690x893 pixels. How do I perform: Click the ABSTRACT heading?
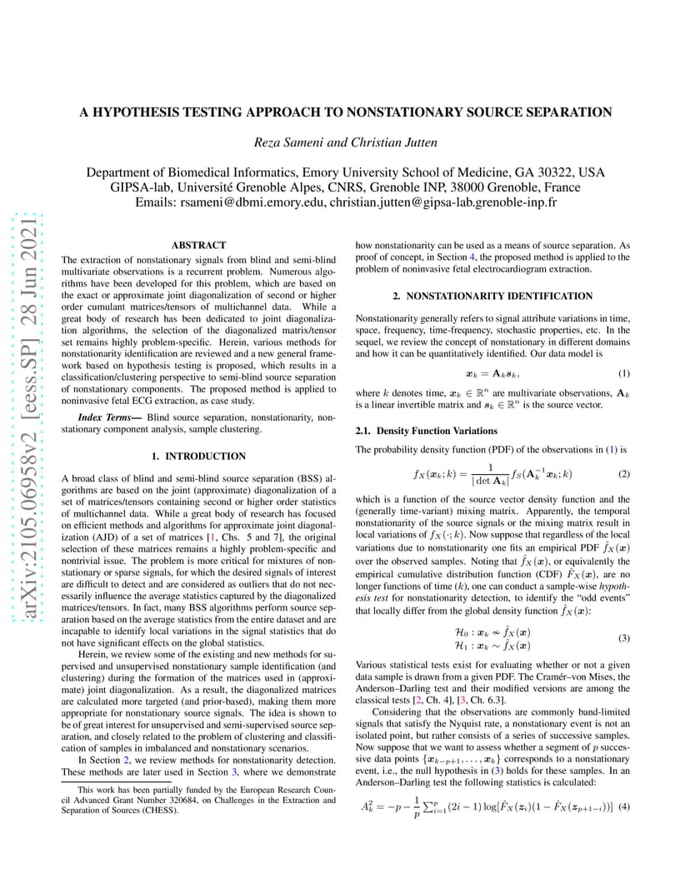coord(198,246)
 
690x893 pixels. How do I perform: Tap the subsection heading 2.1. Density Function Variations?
coord(427,431)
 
